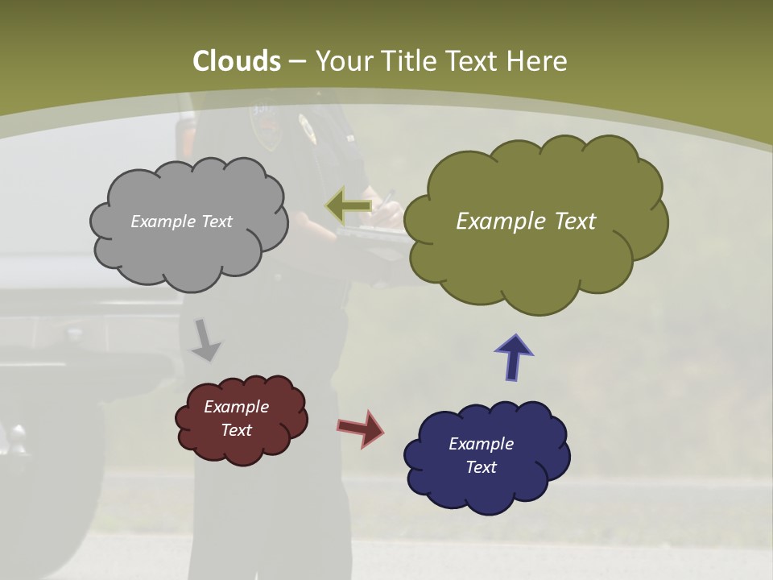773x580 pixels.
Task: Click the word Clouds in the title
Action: [237, 61]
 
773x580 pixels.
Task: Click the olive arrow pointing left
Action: [348, 206]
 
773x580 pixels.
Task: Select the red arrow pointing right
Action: [360, 429]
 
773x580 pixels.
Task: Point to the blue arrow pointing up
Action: [514, 357]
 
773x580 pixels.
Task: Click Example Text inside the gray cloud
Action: [181, 222]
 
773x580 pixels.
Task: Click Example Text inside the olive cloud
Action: [526, 222]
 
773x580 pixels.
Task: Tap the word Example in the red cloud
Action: [236, 407]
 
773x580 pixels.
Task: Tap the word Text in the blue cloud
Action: [481, 467]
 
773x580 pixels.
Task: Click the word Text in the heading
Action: [476, 61]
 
